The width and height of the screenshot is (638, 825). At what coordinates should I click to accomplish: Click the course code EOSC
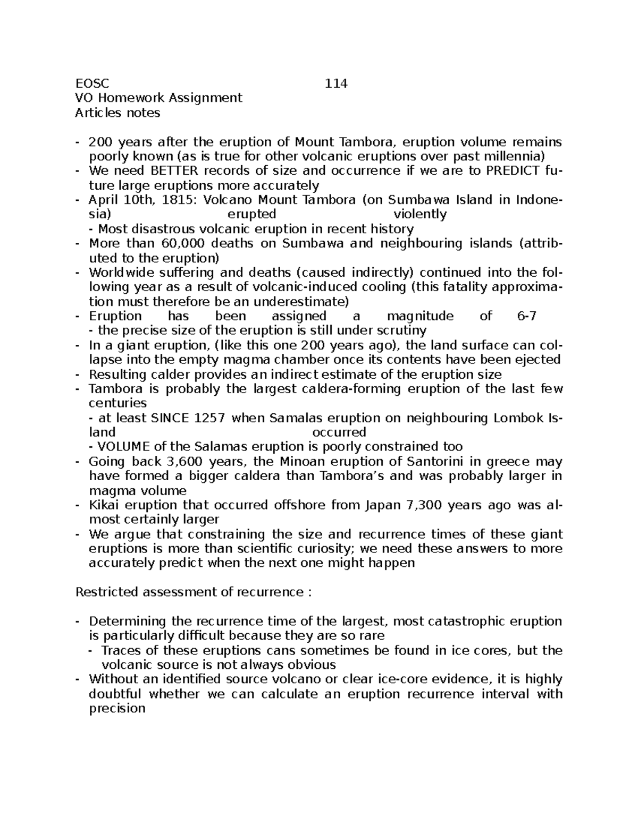pos(92,83)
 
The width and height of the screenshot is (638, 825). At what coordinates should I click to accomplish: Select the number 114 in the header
pos(336,83)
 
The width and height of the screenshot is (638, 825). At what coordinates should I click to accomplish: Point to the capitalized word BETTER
pos(174,171)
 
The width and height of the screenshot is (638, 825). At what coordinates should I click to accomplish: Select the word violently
pos(420,214)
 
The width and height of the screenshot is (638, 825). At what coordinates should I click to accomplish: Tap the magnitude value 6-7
pos(526,316)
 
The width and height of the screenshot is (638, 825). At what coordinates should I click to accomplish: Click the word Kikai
pos(103,505)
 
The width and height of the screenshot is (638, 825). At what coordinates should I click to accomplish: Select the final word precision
pos(117,709)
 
